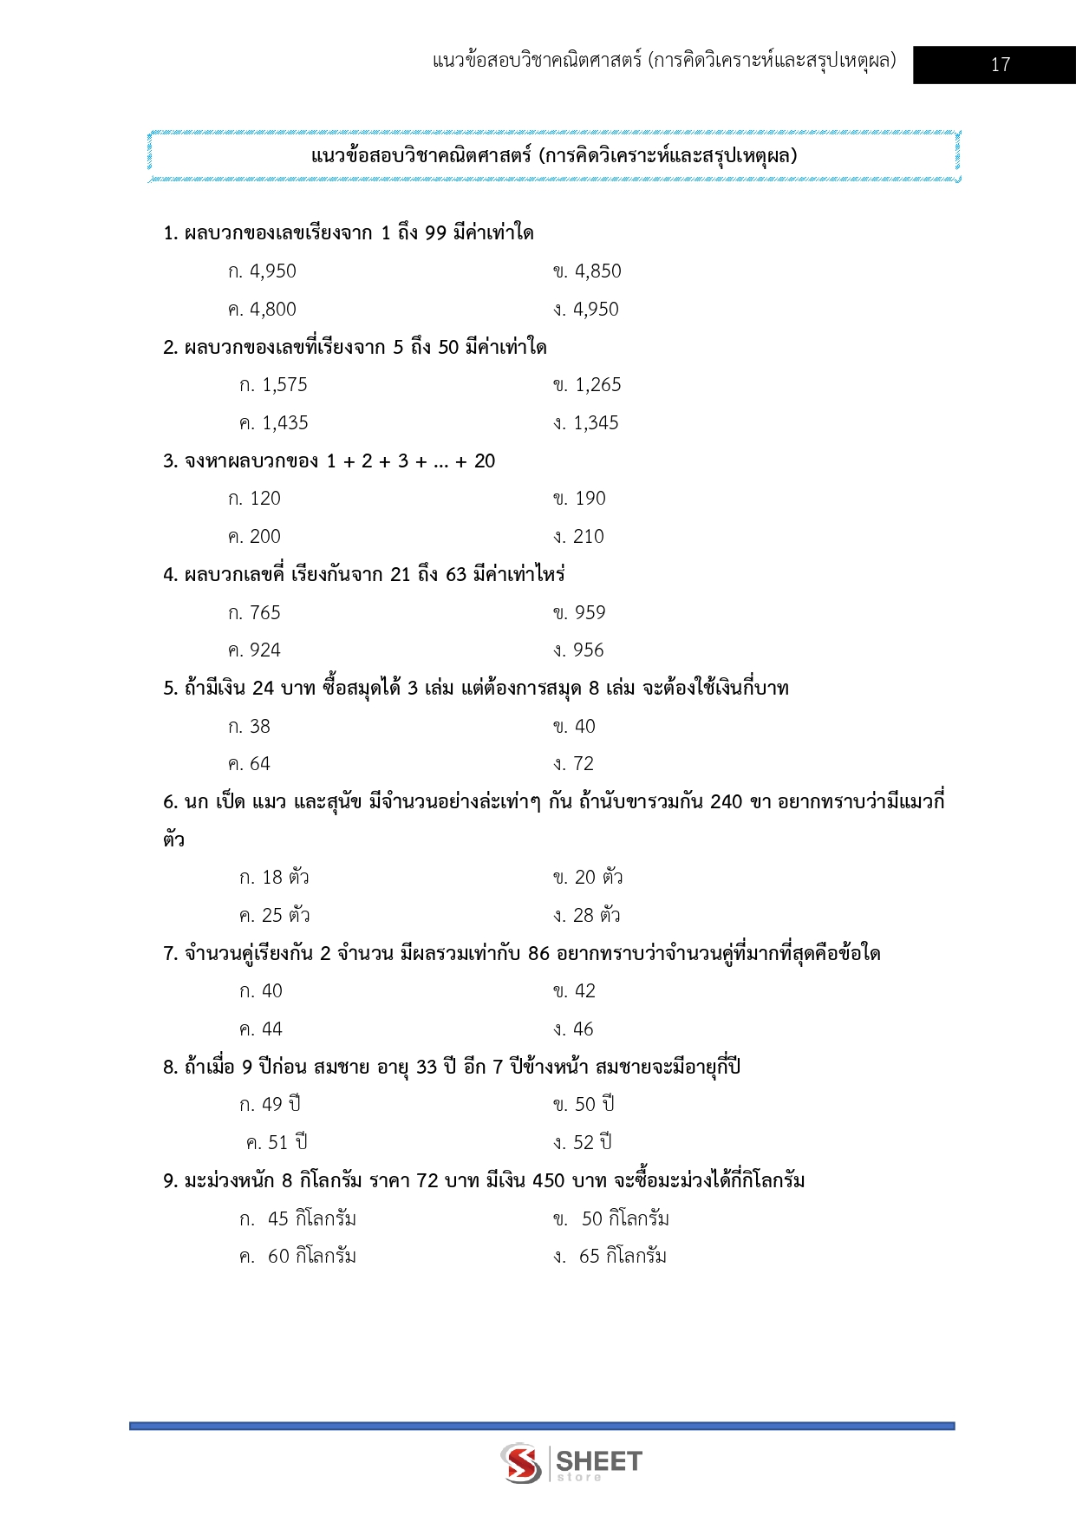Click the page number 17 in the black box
click(1000, 65)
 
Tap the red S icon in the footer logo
click(521, 1463)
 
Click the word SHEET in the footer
click(598, 1461)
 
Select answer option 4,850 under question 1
click(597, 271)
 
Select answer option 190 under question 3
click(590, 499)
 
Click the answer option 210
click(588, 537)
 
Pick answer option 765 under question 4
click(264, 613)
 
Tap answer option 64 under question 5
click(259, 764)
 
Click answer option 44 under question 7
click(271, 1029)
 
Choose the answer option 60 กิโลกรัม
click(310, 1257)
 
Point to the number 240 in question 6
click(726, 802)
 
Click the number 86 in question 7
click(538, 954)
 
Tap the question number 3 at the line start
click(168, 461)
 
